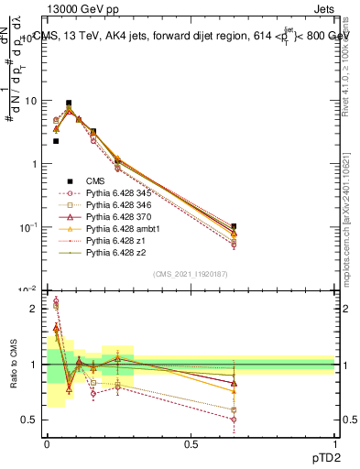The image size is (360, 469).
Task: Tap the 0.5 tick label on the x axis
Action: point(191,442)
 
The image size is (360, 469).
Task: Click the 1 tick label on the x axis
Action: point(334,442)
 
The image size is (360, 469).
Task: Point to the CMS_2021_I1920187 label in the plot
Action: point(190,274)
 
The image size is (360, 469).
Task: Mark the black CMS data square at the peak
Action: point(69,104)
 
